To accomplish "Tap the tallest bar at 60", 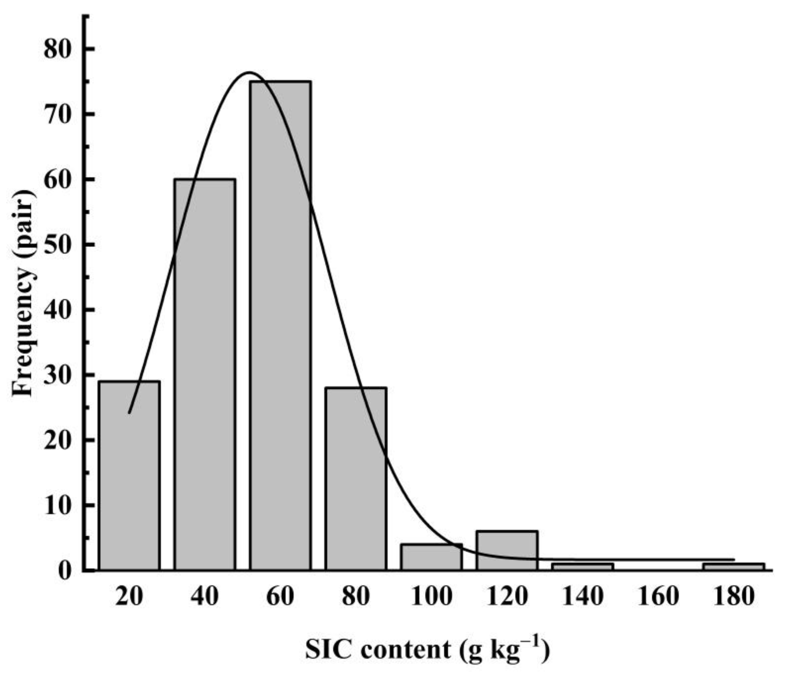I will click(281, 326).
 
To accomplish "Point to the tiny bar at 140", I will click(583, 566).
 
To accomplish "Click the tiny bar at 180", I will click(734, 566).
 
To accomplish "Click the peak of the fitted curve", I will click(249, 73).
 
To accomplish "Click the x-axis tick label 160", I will click(658, 596).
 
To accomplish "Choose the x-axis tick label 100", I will click(431, 596).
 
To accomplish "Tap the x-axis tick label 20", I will click(129, 596).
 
